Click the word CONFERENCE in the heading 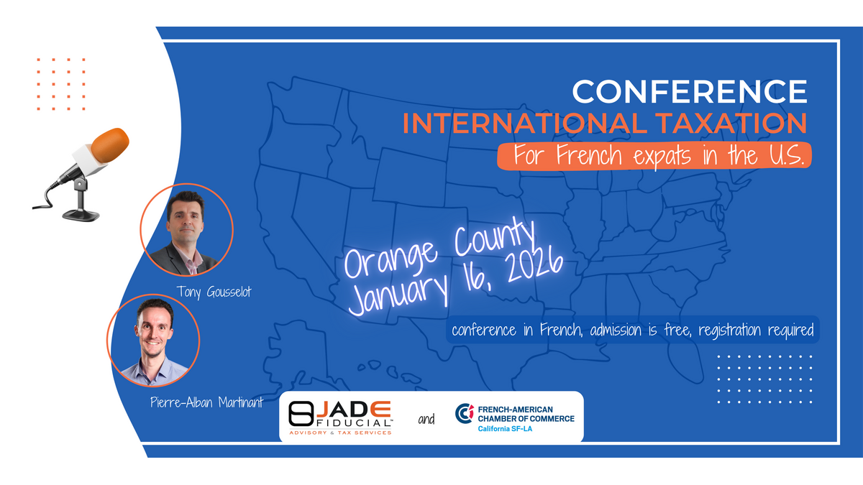click(x=690, y=91)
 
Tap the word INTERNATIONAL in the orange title click(x=525, y=123)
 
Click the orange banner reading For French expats click(x=654, y=156)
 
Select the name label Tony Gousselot click(x=214, y=292)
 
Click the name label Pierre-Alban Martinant click(x=206, y=402)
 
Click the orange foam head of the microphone click(x=110, y=144)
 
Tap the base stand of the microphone click(x=81, y=214)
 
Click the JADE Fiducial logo click(x=340, y=417)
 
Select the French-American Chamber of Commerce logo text click(x=526, y=414)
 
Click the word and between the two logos click(x=426, y=419)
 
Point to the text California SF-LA click(x=505, y=429)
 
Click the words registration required click(x=756, y=331)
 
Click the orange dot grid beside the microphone click(x=61, y=84)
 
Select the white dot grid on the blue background click(x=764, y=379)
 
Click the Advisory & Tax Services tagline click(x=340, y=433)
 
